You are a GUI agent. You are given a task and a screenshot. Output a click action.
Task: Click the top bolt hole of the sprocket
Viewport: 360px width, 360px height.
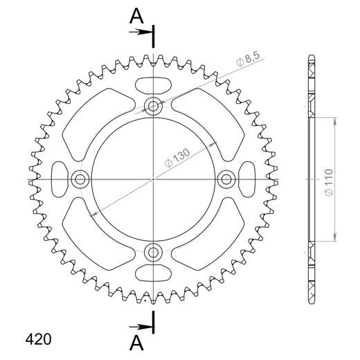(152, 106)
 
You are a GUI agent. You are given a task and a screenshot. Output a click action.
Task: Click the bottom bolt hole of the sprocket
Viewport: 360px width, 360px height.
(152, 251)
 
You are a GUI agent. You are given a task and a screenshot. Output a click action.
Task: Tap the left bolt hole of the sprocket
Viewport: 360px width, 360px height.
(80, 179)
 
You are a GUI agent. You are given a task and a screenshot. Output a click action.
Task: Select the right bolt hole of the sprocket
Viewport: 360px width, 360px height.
(225, 179)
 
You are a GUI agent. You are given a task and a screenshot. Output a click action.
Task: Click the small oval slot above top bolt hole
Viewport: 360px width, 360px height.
(152, 84)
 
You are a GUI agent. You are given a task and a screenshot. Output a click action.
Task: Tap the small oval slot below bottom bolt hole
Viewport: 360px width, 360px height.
(152, 272)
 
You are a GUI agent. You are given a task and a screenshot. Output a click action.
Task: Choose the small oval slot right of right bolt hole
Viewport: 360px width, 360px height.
(247, 179)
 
